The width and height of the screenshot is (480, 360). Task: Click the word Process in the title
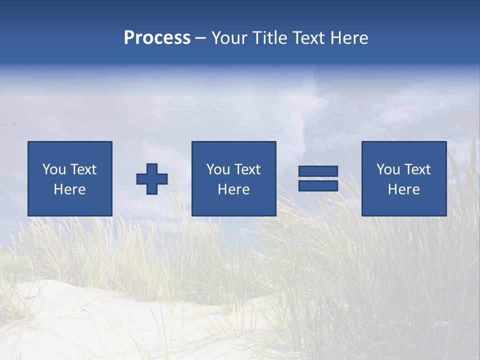pos(157,38)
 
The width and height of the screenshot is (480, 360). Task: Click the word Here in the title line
pos(349,38)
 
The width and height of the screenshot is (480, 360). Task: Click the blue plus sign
pos(152,179)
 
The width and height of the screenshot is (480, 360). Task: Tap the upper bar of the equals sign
pos(318,171)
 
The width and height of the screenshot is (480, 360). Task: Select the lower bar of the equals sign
pos(318,185)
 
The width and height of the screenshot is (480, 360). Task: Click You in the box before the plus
pos(54,169)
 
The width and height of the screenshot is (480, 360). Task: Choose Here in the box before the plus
pos(69,189)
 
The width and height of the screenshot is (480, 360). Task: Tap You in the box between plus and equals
pos(218,169)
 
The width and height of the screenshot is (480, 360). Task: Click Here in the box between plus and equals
pos(233,189)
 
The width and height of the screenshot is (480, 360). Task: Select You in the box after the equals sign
pos(388,169)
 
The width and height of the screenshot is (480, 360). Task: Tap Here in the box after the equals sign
pos(403,189)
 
